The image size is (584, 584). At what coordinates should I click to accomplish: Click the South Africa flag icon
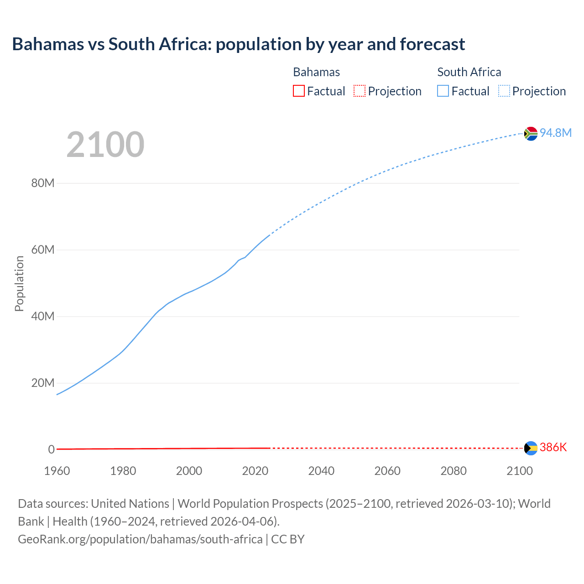click(531, 133)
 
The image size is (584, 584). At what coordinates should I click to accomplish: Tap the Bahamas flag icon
click(531, 448)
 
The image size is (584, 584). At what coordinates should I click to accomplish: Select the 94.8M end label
click(555, 133)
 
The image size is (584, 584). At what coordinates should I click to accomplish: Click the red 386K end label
click(553, 447)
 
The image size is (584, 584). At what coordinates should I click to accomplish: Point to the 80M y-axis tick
click(43, 183)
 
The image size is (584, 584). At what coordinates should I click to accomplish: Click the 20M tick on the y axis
click(43, 383)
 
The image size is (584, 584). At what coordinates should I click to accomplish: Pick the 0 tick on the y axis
click(51, 449)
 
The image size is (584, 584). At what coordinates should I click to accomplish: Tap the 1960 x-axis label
click(57, 471)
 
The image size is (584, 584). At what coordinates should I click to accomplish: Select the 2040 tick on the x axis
click(321, 471)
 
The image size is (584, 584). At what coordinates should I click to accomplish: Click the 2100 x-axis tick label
click(519, 471)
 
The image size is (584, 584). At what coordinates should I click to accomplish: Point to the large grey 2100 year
click(105, 145)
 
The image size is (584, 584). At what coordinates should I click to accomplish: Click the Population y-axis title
click(19, 283)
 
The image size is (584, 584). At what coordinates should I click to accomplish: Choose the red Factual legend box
click(299, 91)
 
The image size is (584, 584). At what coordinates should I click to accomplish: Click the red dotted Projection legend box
click(360, 91)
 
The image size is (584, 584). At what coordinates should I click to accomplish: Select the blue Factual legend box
click(443, 91)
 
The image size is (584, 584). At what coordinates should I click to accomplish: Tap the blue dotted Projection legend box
click(504, 91)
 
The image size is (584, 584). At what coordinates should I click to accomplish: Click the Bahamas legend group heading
click(316, 72)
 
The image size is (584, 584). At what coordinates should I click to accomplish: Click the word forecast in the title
click(433, 44)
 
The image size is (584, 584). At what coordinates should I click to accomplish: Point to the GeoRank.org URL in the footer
click(140, 539)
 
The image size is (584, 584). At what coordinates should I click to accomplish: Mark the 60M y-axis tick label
click(43, 250)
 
